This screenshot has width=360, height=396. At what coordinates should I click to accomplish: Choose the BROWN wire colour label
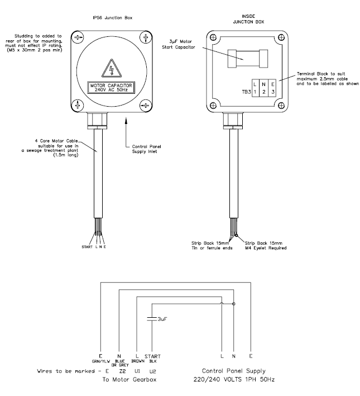click(x=137, y=361)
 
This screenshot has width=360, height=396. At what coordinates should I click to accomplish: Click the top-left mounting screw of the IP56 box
click(x=79, y=39)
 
